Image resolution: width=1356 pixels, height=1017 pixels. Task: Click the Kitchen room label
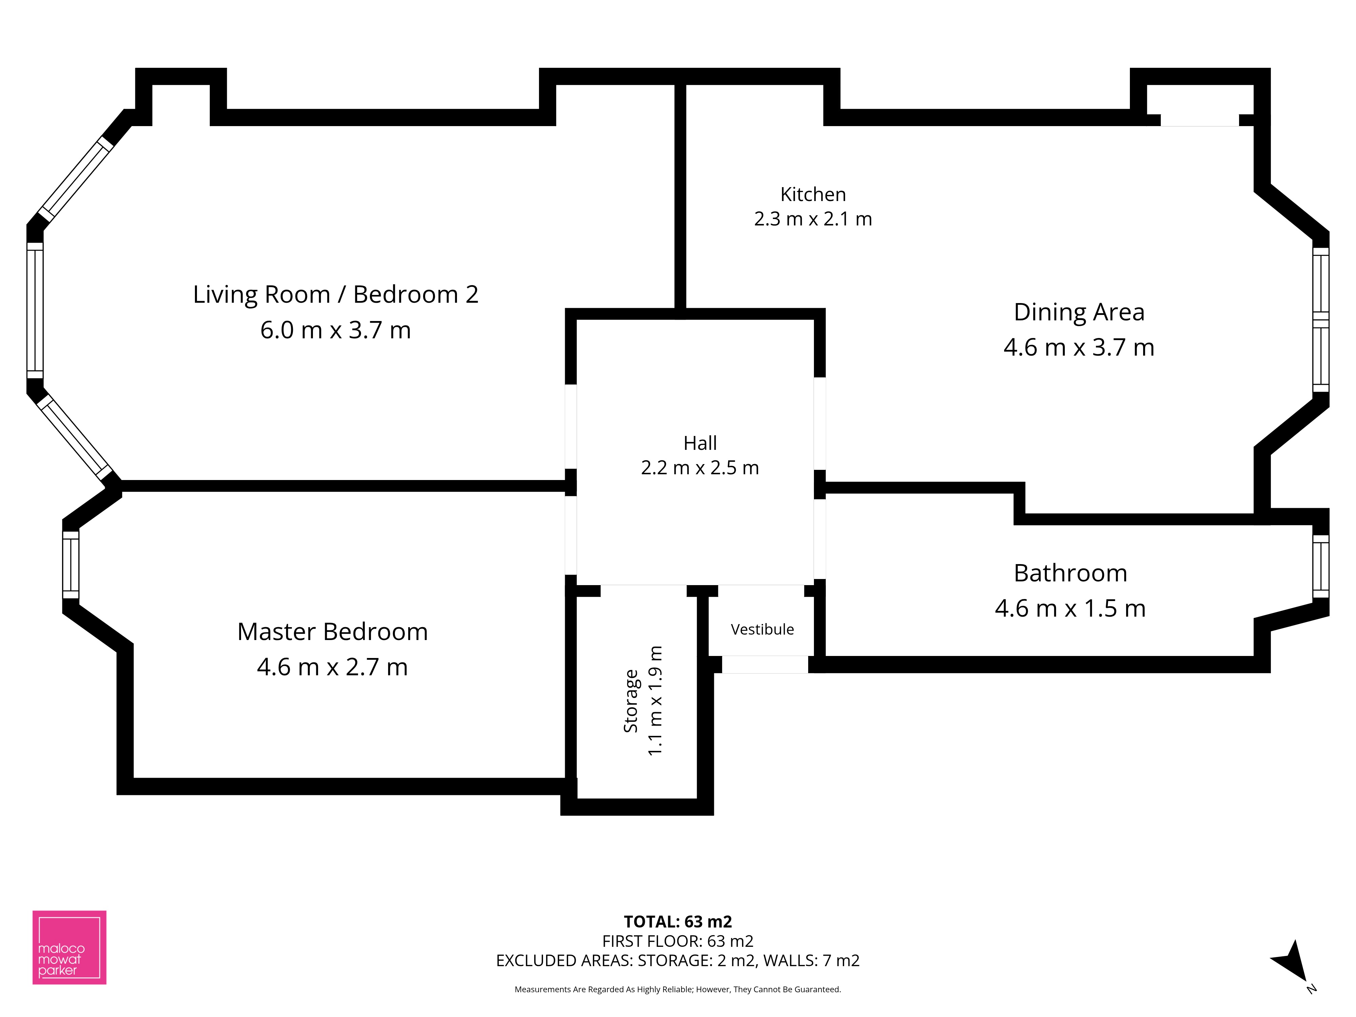(813, 194)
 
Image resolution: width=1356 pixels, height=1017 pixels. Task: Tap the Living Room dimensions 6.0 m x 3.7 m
(335, 330)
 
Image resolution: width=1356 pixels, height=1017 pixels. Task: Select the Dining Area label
(1079, 312)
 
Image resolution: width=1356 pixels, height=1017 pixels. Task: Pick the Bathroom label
(1070, 573)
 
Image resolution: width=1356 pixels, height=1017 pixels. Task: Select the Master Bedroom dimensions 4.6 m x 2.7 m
(332, 667)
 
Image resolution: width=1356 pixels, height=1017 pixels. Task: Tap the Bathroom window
(1320, 566)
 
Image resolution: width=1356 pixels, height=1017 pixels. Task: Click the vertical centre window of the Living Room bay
(35, 311)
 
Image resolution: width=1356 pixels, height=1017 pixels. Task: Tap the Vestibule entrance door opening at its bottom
(765, 664)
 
